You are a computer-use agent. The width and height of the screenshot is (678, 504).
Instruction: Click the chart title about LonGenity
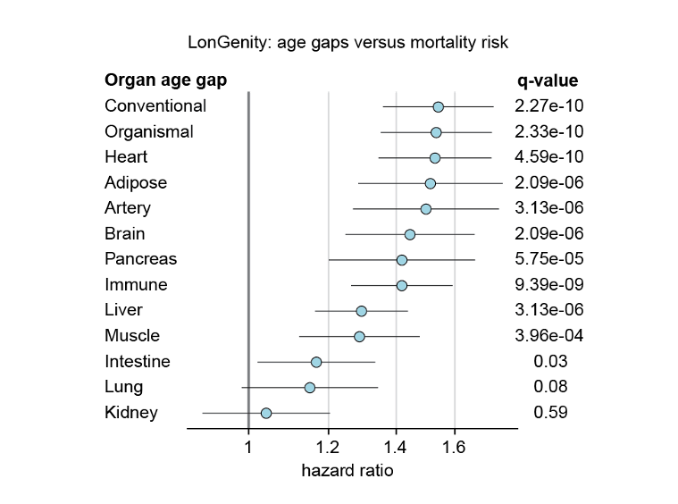(347, 42)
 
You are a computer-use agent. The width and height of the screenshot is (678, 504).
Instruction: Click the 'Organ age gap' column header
(165, 80)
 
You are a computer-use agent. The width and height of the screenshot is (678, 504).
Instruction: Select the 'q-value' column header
(548, 80)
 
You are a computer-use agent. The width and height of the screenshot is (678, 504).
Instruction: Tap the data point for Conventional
(438, 106)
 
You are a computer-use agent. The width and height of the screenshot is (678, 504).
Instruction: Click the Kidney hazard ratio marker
(266, 413)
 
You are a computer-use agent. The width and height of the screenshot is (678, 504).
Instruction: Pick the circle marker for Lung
(310, 388)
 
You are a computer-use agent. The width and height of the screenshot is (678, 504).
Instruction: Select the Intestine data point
(316, 362)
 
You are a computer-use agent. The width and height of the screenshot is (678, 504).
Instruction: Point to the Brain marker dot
(410, 234)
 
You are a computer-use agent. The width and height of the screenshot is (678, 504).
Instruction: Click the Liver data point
(361, 311)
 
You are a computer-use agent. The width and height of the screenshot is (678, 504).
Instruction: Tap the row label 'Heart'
(126, 157)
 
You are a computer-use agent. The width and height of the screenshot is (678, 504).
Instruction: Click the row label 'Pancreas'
(140, 259)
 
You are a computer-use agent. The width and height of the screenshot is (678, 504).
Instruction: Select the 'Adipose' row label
(136, 182)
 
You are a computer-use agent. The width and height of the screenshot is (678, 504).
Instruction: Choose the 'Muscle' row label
(132, 336)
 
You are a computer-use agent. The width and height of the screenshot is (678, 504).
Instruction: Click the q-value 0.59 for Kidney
(550, 413)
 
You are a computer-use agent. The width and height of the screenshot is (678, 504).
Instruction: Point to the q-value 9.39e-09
(548, 285)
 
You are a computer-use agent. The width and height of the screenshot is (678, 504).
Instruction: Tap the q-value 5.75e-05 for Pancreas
(548, 259)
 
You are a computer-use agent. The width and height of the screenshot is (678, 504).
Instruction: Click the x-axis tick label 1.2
(329, 447)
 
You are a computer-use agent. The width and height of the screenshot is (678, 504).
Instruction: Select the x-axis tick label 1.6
(455, 447)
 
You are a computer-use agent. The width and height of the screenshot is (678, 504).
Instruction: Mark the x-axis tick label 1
(248, 447)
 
